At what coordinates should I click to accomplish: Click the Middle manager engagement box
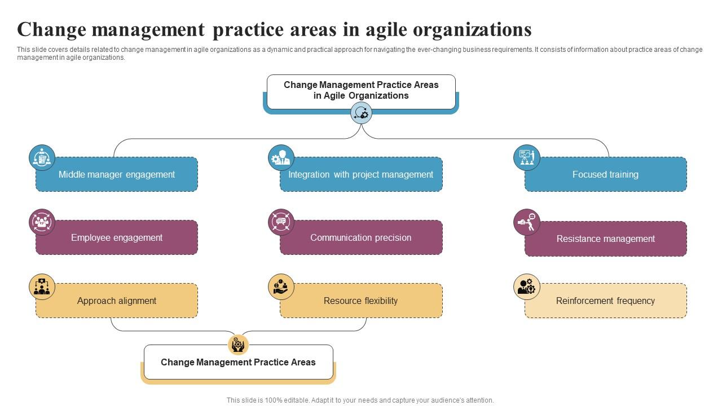point(117,175)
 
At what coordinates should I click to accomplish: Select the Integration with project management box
point(361,175)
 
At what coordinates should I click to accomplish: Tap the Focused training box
point(605,175)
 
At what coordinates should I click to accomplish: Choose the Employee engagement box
point(117,238)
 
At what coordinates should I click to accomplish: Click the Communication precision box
point(361,238)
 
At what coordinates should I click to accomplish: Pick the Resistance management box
point(605,239)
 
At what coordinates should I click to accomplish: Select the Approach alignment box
point(117,301)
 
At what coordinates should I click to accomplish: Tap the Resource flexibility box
point(361,301)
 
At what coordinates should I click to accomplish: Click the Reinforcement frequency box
point(605,301)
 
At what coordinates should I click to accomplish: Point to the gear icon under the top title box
point(361,113)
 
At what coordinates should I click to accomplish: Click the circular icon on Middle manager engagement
point(42,158)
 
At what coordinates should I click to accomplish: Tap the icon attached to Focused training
point(527,158)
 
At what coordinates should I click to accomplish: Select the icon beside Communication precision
point(281,222)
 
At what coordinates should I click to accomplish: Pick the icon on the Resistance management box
point(527,222)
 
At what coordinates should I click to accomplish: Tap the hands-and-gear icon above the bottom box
point(238,344)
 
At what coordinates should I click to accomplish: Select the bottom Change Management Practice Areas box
point(238,363)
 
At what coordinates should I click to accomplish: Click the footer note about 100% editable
point(360,400)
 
